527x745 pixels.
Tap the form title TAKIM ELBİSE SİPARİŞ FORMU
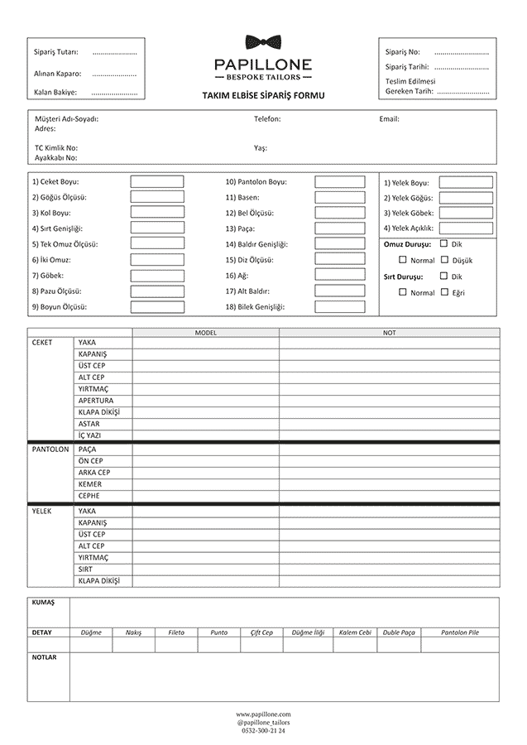(x=263, y=96)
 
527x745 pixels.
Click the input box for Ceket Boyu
(x=157, y=181)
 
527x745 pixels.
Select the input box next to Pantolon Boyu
(x=340, y=181)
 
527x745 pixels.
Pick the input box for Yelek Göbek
(x=466, y=213)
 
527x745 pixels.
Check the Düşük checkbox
(x=445, y=260)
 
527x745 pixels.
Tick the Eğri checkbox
(x=445, y=292)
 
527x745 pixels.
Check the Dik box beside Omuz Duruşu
(x=445, y=244)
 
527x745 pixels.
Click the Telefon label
(x=267, y=119)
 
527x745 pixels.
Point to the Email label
(x=389, y=119)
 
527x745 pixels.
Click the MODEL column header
(x=205, y=333)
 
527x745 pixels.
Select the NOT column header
(x=389, y=333)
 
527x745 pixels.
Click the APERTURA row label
(x=95, y=401)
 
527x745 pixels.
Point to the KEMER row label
(x=90, y=484)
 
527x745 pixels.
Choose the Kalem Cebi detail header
(x=355, y=632)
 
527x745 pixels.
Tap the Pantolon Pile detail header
(x=460, y=632)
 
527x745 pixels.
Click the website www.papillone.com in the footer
(x=263, y=714)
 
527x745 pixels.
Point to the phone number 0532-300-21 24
(x=263, y=731)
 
